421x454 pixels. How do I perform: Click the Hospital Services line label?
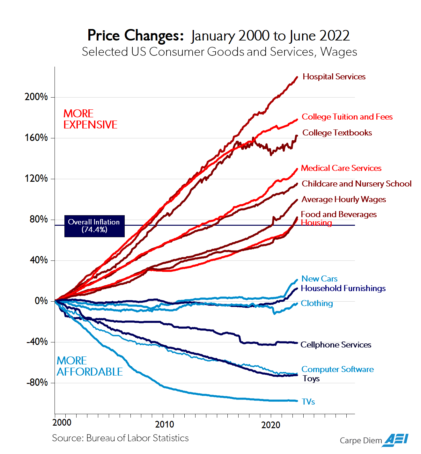334,77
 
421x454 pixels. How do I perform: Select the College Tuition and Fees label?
347,117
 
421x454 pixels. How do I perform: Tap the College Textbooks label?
337,133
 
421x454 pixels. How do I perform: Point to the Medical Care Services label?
341,168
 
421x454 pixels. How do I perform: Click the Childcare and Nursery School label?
356,184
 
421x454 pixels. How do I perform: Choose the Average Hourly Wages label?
343,200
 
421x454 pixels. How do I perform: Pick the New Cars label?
319,279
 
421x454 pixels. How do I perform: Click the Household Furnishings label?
343,289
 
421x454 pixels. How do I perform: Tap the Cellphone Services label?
336,345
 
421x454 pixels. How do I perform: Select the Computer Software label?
337,370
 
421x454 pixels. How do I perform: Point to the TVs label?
308,402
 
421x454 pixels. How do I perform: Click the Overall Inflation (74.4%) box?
94,226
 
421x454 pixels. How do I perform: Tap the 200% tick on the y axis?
36,97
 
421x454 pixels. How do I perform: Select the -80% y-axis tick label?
37,383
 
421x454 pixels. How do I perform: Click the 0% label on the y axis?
41,301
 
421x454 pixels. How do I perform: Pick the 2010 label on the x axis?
165,425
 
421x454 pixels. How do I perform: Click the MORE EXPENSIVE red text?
90,119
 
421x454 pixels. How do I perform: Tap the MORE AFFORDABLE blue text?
89,366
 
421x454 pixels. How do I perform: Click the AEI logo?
396,440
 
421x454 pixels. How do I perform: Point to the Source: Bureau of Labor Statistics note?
120,438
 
